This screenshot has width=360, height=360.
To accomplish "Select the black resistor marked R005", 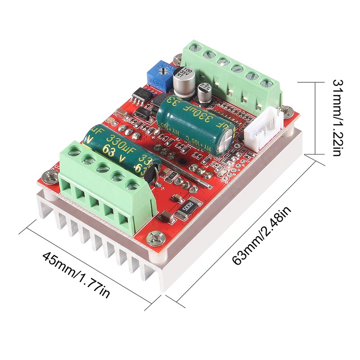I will (x=184, y=208).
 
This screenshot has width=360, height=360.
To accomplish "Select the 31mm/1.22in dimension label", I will (x=338, y=118).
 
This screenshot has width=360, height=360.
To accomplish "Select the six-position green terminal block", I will (x=232, y=72).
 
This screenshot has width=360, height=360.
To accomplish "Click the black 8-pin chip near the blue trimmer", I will (x=141, y=94).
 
